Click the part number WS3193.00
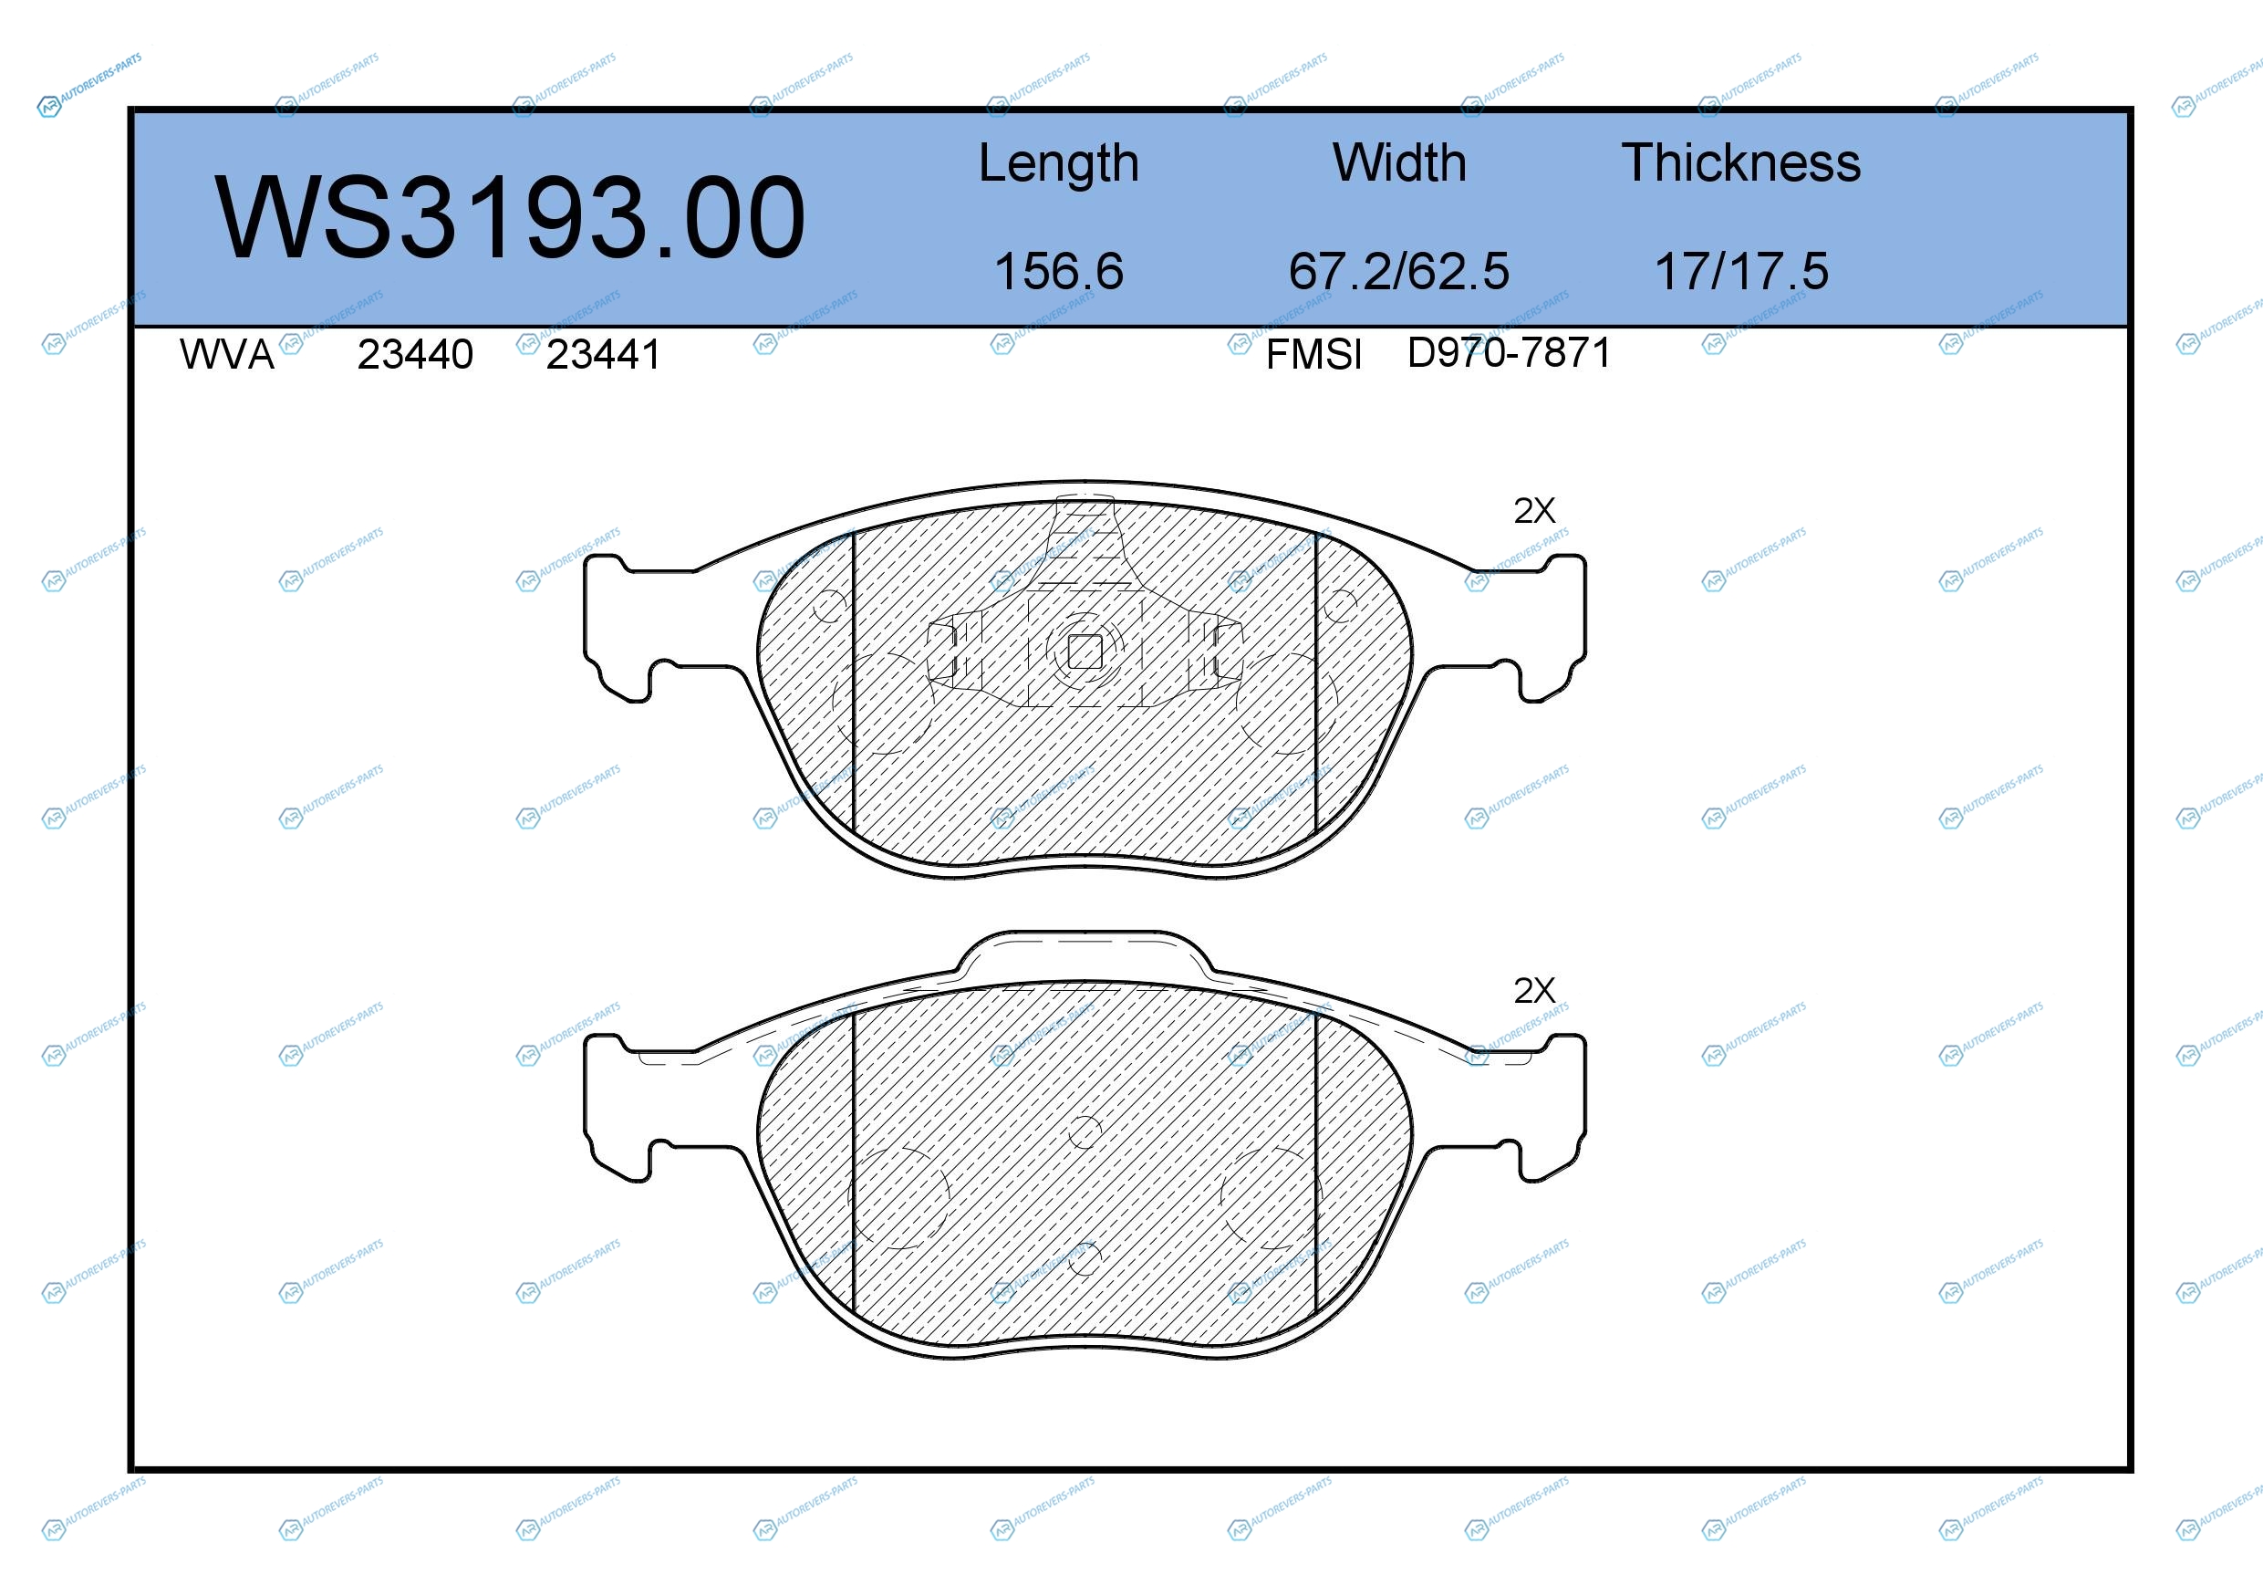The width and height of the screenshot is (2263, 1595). click(x=510, y=217)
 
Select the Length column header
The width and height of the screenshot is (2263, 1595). click(x=1059, y=163)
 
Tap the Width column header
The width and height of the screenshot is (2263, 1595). click(x=1399, y=162)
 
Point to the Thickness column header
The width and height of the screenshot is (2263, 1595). click(x=1741, y=162)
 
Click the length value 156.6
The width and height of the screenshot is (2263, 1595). click(x=1059, y=271)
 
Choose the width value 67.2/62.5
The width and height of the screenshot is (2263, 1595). click(x=1398, y=271)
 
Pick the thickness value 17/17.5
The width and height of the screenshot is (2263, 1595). click(x=1741, y=271)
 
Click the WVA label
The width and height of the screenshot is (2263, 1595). click(x=227, y=355)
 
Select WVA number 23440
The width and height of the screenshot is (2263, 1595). click(x=415, y=355)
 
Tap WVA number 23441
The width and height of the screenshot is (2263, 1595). click(x=603, y=355)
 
